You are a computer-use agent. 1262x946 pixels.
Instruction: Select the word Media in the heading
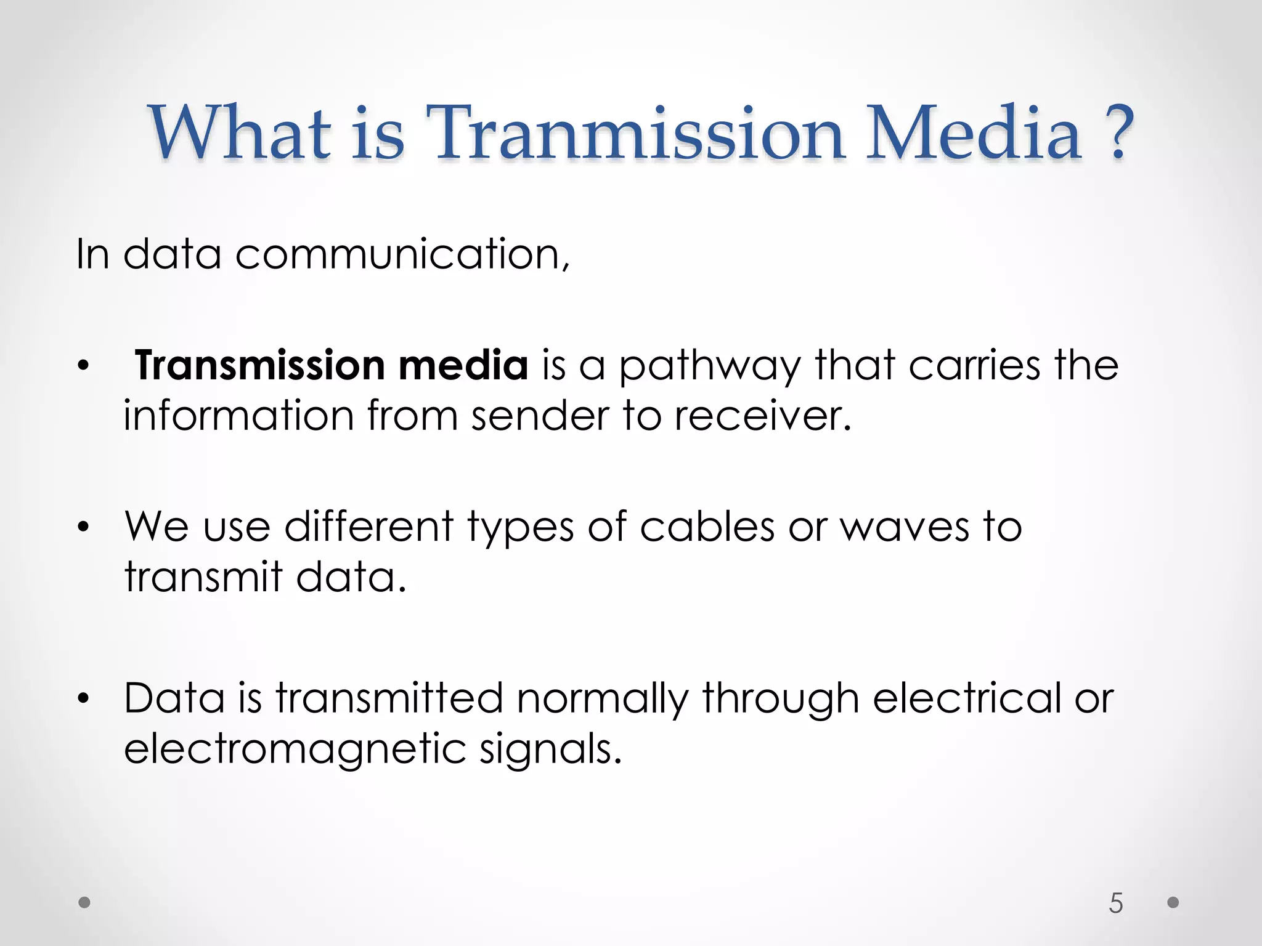pos(974,134)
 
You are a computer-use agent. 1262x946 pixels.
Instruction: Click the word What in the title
pos(240,134)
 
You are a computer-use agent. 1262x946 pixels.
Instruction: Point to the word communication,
pos(402,254)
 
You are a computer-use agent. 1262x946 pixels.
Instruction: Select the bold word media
pos(463,365)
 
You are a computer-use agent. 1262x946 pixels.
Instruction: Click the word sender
pos(540,416)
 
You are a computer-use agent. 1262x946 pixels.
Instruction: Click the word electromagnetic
pos(295,750)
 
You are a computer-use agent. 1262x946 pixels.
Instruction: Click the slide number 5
pos(1116,903)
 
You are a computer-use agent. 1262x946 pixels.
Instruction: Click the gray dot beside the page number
pos(1173,902)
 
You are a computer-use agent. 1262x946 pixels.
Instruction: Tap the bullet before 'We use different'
pos(84,527)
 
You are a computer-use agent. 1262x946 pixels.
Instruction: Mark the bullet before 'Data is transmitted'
pos(84,699)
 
